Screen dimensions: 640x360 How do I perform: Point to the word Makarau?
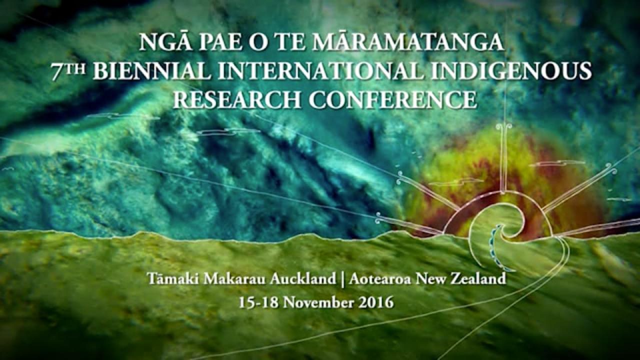point(234,279)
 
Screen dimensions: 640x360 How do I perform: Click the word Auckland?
point(303,279)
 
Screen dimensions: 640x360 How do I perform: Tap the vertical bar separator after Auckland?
point(342,279)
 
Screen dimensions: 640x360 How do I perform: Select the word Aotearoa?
point(380,279)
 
